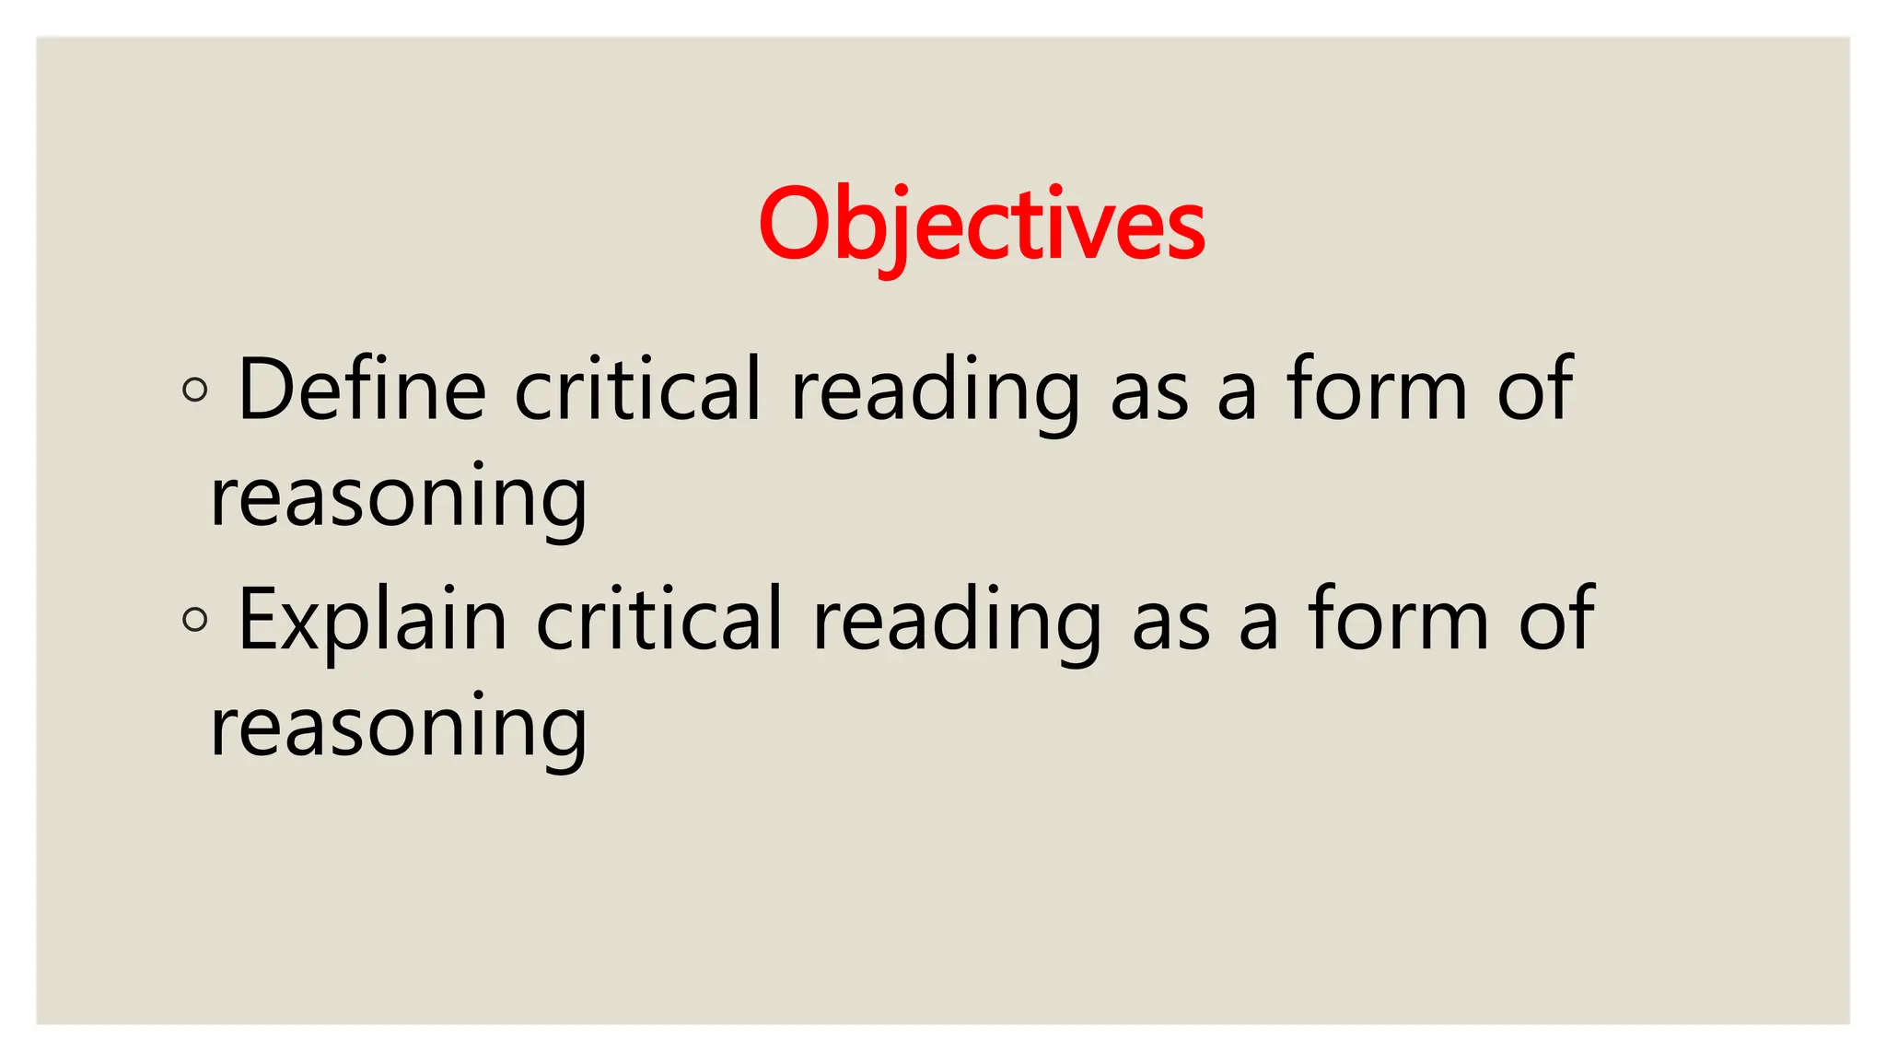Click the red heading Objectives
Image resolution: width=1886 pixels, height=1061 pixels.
pos(982,225)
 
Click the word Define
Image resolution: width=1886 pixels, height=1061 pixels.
pos(362,390)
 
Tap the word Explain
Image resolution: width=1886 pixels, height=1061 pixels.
pos(373,620)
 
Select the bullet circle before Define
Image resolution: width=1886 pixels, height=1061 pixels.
pos(195,390)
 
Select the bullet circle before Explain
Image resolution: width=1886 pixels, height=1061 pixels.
pos(195,619)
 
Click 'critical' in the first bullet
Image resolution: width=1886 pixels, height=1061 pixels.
pos(638,390)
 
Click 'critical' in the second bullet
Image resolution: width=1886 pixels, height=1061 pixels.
pos(659,620)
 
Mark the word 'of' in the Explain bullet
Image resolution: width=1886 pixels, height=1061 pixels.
pos(1556,620)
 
